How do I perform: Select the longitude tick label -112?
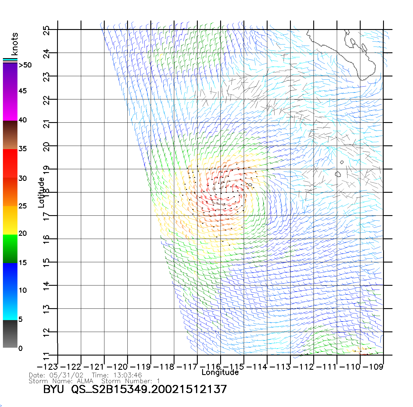303,367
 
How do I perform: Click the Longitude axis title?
220,372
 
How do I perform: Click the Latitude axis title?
41,192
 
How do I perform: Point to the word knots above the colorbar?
15,44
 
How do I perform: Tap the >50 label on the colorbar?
25,65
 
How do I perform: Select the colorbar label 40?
23,120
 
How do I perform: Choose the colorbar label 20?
23,233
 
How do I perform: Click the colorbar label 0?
20,348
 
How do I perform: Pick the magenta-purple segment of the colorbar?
10,92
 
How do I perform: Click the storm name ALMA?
85,381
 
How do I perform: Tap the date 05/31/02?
66,375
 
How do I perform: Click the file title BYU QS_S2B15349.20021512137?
135,389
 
